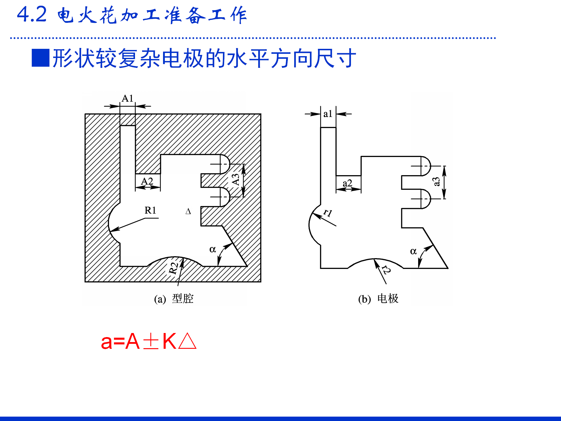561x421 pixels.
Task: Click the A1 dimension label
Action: click(x=127, y=99)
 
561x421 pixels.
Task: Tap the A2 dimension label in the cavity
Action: click(x=147, y=181)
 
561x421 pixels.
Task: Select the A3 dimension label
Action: click(x=236, y=180)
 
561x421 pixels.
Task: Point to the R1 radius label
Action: click(x=150, y=210)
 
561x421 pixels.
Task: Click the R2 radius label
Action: click(x=174, y=268)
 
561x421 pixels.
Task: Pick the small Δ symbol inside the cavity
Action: click(x=188, y=211)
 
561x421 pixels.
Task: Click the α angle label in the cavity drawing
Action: click(x=212, y=249)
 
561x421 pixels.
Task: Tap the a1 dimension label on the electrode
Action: click(x=328, y=114)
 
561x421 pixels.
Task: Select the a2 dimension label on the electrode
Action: click(x=347, y=183)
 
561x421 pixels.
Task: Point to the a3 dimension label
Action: click(x=436, y=182)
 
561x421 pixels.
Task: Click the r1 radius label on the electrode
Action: click(x=328, y=213)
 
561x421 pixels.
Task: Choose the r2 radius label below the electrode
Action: click(x=386, y=270)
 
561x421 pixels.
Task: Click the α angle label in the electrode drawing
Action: click(x=413, y=251)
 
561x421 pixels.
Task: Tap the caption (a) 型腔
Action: click(x=174, y=299)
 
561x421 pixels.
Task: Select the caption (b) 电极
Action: click(x=378, y=299)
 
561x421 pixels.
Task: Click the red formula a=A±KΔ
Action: click(x=149, y=341)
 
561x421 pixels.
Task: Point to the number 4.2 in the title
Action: click(x=32, y=14)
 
